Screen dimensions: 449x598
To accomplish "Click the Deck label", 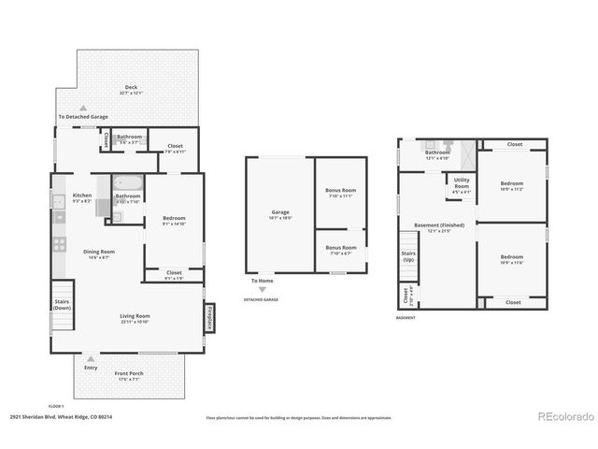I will tap(130, 90).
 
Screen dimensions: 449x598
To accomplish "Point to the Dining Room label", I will tap(99, 253).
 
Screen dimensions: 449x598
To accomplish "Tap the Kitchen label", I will tap(82, 198).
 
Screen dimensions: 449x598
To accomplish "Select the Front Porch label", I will tap(130, 376).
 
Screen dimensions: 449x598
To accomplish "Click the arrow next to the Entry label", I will tap(91, 357).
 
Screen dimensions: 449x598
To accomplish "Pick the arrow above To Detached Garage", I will tap(83, 108).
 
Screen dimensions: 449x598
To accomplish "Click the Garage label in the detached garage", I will tap(280, 213).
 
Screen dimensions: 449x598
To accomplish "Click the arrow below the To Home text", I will tap(262, 289).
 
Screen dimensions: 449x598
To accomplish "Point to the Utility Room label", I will tap(462, 187).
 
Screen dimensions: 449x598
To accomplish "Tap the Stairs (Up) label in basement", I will tap(407, 255).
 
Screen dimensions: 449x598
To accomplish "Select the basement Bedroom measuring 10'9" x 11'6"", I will tap(511, 259).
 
